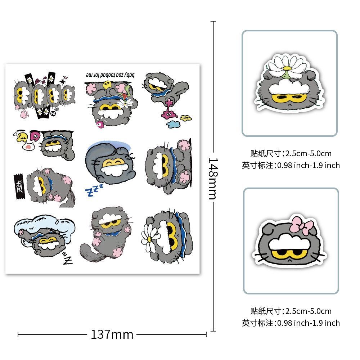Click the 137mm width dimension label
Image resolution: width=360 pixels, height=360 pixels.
(x=112, y=334)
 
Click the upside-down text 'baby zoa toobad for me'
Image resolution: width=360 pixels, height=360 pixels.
(x=110, y=75)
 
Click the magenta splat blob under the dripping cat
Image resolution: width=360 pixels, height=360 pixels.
(x=168, y=115)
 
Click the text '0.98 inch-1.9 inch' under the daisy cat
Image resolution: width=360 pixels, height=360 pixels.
(x=308, y=165)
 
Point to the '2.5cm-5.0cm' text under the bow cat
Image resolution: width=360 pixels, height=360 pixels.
(x=308, y=311)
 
